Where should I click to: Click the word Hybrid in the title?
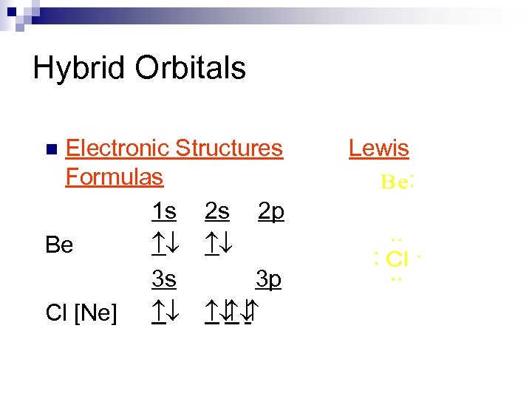click(x=79, y=69)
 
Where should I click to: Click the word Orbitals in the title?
click(x=191, y=68)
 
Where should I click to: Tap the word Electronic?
click(x=118, y=148)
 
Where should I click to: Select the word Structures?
click(x=229, y=148)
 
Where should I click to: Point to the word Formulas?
click(x=114, y=177)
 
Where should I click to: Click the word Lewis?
click(x=378, y=148)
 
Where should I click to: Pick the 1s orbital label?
click(x=163, y=212)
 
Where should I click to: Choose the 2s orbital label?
click(x=216, y=212)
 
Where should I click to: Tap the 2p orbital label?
click(x=270, y=212)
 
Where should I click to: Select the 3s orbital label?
click(x=163, y=279)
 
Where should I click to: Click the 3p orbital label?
click(x=268, y=279)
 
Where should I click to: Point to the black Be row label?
click(x=59, y=245)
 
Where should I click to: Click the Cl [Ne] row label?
click(x=81, y=313)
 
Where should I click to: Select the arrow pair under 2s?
click(x=216, y=245)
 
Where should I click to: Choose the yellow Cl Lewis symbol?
click(x=398, y=259)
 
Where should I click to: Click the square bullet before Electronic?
click(x=50, y=149)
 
